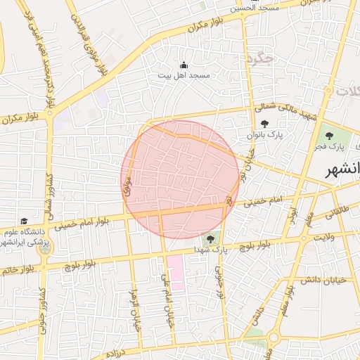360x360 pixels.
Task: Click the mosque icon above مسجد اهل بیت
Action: (x=184, y=65)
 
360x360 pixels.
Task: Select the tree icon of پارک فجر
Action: (x=327, y=136)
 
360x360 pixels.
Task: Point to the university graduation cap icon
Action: (x=25, y=221)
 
